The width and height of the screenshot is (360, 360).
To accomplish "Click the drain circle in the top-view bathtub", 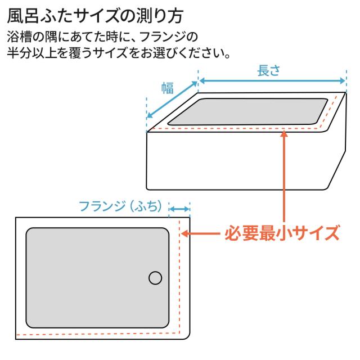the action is tap(155, 278).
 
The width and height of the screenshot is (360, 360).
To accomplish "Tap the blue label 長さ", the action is tap(269, 70).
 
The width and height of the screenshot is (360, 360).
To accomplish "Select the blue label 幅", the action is tap(168, 88).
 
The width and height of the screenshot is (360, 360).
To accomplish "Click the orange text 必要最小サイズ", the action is tap(282, 233).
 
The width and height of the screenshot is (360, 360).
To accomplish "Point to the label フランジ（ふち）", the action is tap(120, 206).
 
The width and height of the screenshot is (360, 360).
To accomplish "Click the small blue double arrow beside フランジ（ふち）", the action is tap(179, 209).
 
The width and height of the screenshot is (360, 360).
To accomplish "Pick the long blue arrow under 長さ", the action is tap(272, 81).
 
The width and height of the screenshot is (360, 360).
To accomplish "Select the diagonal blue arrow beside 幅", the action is tap(172, 100).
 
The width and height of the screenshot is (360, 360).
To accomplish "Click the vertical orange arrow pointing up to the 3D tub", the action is tap(284, 176).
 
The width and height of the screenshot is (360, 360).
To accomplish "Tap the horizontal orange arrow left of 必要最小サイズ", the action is tap(200, 234).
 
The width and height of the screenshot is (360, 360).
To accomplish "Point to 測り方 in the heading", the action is tap(160, 16).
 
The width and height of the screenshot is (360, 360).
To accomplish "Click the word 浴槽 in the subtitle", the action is tap(19, 37).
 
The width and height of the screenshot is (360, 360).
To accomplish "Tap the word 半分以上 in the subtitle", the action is tap(31, 53).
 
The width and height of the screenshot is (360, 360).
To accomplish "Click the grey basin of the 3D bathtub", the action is tap(248, 111).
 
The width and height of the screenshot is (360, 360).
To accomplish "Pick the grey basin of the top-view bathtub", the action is tap(97, 278).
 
